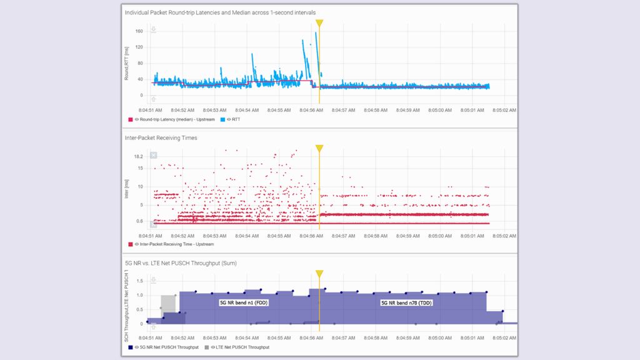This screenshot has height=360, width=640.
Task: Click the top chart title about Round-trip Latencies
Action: tap(219, 12)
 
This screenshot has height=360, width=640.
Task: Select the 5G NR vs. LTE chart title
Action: tap(181, 263)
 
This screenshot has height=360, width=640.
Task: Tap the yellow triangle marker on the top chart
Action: tap(319, 23)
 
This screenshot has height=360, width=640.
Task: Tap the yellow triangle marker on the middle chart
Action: tap(319, 149)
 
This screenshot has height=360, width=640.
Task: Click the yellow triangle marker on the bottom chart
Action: tap(319, 274)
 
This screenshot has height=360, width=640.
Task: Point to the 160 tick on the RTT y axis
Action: tap(139, 31)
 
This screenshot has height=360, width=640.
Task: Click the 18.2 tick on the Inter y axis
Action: tap(139, 157)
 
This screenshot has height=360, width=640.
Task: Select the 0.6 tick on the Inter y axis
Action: tap(139, 221)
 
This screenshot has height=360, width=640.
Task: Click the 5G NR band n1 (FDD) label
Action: tap(244, 302)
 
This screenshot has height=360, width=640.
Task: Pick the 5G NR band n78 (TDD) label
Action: tap(407, 302)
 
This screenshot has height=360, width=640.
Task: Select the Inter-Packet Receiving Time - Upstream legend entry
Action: tap(176, 244)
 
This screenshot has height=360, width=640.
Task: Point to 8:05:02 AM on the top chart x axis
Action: tap(504, 110)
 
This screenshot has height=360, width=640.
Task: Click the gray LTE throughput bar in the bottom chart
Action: tap(168, 303)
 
